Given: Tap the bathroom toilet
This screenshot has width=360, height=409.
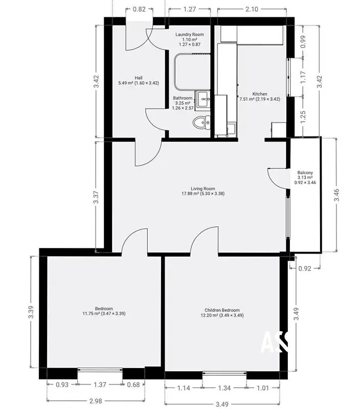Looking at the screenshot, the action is pos(201,123).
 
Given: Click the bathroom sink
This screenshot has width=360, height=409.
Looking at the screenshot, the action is pos(202,99).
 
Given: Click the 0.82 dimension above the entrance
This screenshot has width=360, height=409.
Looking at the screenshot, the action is pos(139,9).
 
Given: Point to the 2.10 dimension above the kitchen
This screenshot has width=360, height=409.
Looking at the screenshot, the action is pos(252,9).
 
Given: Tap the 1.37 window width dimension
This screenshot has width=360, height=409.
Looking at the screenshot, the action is pos(100,384).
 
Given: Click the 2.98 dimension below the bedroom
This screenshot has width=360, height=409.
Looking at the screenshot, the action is pos(96,401).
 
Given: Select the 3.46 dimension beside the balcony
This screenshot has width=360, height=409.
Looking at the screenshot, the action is pos(337,195).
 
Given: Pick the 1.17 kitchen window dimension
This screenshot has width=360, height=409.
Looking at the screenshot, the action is pos(303,78).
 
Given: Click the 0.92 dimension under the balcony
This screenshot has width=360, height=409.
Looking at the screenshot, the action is pos(304,268).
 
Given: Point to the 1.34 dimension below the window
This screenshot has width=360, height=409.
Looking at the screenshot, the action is pos(224,388).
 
